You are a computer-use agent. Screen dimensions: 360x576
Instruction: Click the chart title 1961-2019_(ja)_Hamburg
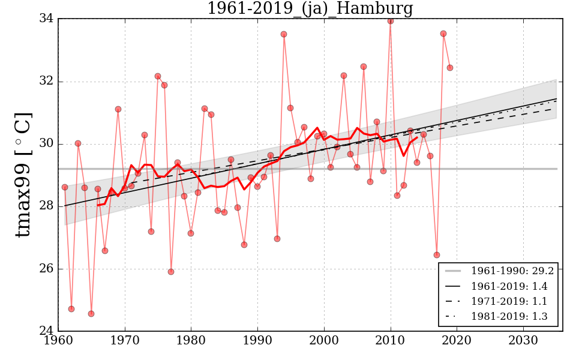310,8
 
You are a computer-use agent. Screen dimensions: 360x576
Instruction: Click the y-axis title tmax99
23,175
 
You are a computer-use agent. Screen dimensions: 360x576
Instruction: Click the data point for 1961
65,187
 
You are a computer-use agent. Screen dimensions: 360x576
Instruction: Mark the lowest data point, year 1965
91,314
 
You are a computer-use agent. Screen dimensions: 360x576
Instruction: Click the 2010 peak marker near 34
391,21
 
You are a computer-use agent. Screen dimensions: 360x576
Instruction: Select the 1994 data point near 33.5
284,34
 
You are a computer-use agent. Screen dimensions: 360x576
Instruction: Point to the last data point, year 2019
450,68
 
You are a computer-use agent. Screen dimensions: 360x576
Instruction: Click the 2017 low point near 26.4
437,255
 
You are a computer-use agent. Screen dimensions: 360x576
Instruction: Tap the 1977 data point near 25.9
171,272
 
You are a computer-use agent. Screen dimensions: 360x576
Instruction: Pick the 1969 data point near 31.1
118,109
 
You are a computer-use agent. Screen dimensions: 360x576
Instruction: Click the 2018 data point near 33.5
443,34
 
